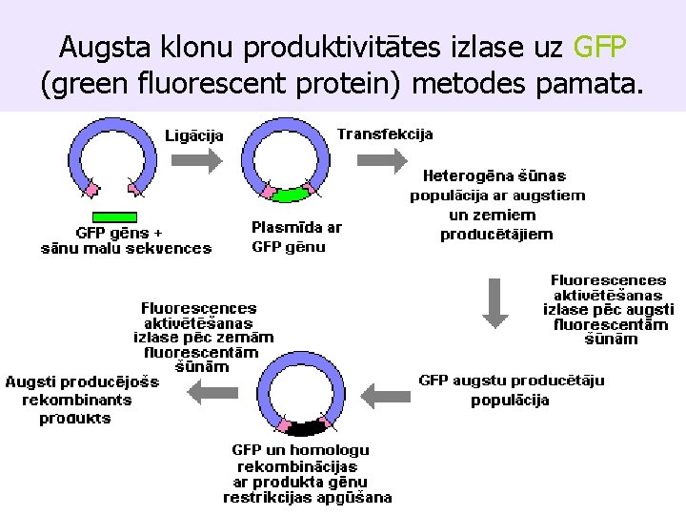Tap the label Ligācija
[195, 135]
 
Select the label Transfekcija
[385, 134]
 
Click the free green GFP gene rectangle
[115, 216]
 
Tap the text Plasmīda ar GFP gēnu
[295, 237]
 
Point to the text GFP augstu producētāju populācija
[511, 390]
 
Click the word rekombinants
[77, 400]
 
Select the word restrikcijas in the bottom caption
[272, 497]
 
